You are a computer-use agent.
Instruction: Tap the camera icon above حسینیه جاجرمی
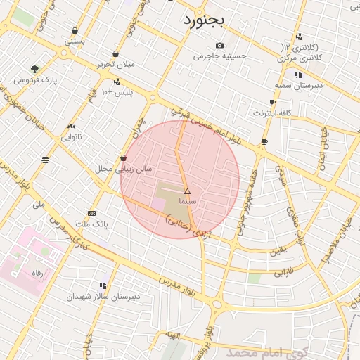click(x=219, y=46)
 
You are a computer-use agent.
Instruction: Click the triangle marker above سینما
click(x=187, y=191)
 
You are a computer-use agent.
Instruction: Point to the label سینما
click(x=188, y=202)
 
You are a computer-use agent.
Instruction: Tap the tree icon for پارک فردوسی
click(x=34, y=69)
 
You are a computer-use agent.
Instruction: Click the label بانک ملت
click(x=92, y=224)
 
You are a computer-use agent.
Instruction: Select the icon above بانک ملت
click(x=91, y=213)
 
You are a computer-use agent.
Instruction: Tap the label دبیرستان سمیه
click(x=298, y=85)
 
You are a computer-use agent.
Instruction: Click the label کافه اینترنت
click(x=271, y=112)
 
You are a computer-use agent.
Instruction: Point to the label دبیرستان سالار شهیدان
click(x=103, y=297)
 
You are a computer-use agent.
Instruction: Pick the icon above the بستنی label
click(x=75, y=30)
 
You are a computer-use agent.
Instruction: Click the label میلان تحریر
click(x=116, y=65)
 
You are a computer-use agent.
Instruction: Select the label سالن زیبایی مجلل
click(x=124, y=169)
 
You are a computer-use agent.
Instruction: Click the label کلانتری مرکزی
click(x=304, y=60)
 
